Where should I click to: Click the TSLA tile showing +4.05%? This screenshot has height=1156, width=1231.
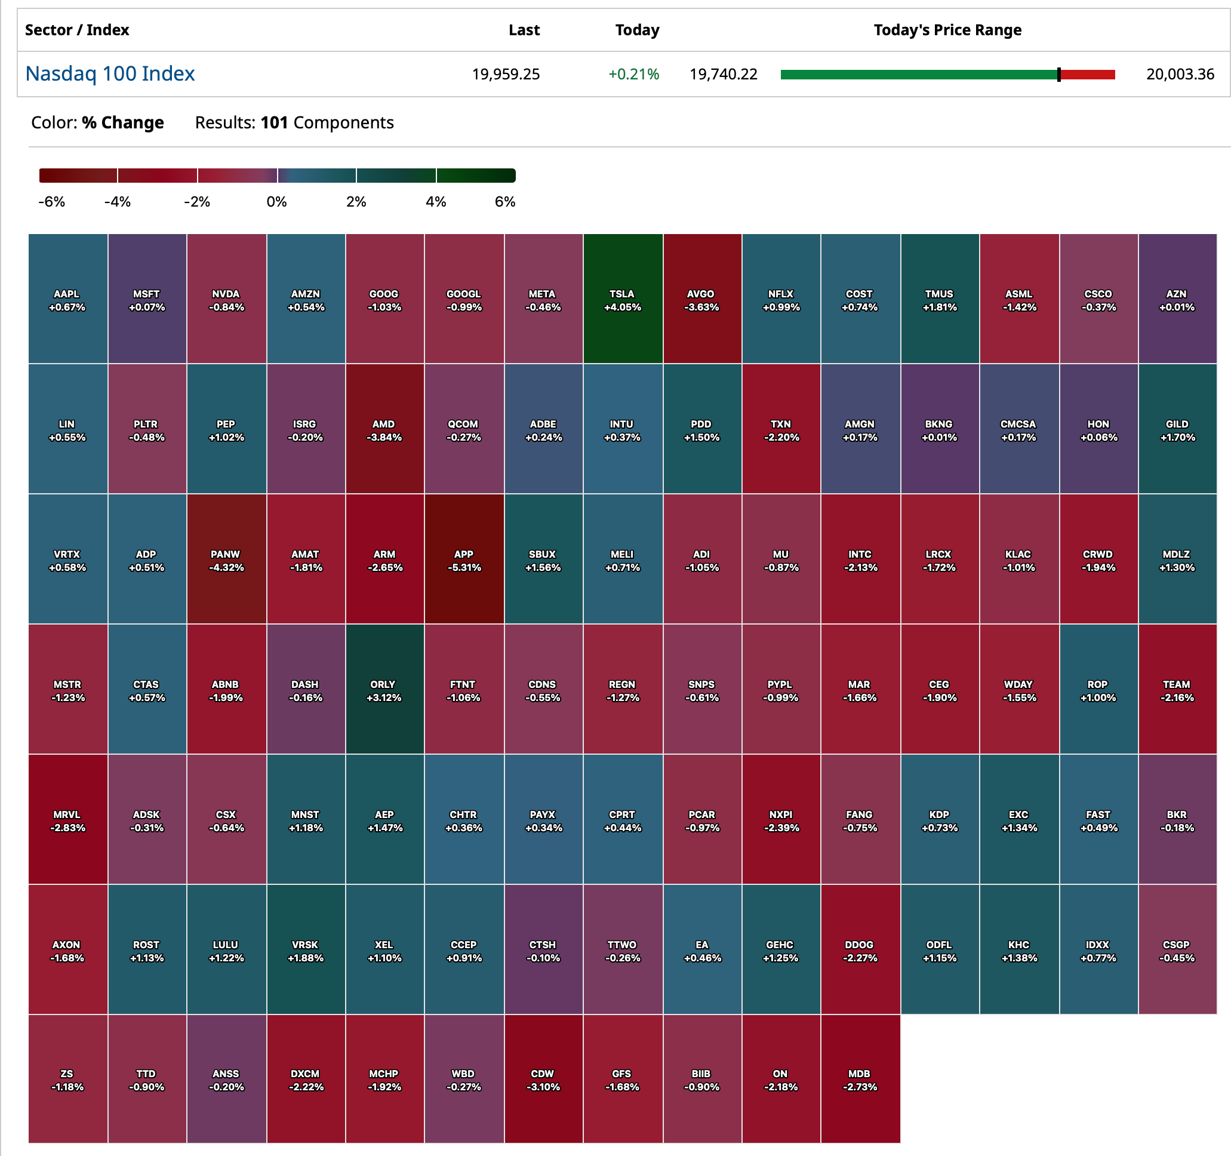point(622,300)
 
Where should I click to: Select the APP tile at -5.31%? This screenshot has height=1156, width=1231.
point(464,559)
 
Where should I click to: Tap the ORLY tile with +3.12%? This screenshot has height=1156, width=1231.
point(384,690)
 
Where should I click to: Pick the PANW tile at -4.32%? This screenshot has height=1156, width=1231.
point(226,559)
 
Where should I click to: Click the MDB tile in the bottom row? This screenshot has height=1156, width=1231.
point(860,1080)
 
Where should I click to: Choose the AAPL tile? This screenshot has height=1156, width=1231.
point(67,300)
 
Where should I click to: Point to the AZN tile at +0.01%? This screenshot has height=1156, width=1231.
point(1177,300)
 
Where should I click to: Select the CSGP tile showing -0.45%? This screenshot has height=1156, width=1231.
point(1177,951)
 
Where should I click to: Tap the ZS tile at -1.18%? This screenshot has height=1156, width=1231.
point(67,1080)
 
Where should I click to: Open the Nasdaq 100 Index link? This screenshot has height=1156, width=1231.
point(110,73)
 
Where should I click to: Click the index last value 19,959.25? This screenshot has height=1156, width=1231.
point(505,74)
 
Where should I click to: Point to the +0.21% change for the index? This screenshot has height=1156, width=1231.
point(633,74)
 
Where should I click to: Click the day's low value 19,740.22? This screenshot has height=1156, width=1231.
point(723,74)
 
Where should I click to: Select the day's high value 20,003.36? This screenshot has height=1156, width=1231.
point(1180,74)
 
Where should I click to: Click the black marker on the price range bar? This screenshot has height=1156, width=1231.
point(1059,75)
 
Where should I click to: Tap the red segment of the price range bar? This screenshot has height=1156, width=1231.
point(1088,75)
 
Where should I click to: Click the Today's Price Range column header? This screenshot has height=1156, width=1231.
point(947,30)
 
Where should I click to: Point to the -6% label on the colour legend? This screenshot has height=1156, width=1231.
point(51,202)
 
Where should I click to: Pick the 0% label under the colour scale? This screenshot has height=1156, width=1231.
point(276,202)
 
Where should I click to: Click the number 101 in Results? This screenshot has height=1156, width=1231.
point(274,122)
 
